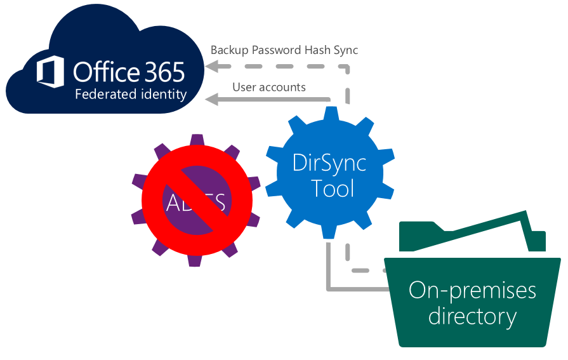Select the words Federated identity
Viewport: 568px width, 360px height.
[131, 95]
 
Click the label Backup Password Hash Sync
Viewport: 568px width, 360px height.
[284, 50]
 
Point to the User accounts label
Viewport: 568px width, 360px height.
[269, 87]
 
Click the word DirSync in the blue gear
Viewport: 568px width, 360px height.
[329, 163]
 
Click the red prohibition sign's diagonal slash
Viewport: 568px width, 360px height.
[197, 202]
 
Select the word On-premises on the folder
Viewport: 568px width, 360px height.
[472, 291]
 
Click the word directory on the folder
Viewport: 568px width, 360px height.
[472, 316]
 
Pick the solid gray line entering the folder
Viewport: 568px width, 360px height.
[355, 290]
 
